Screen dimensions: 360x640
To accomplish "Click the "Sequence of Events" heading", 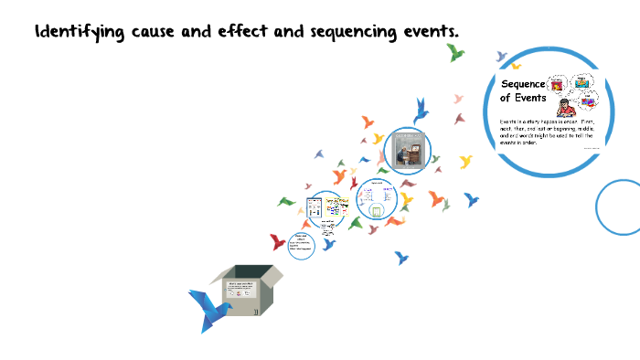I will pos(523,90).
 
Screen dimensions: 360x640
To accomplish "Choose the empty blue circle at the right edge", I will pos(621,206).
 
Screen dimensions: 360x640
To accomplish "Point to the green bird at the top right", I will pos(455,52).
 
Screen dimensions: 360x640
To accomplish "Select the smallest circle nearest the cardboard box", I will pos(301,243).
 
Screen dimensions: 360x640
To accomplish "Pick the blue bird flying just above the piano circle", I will pos(421,111).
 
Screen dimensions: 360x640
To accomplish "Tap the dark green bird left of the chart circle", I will pos(287,202).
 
